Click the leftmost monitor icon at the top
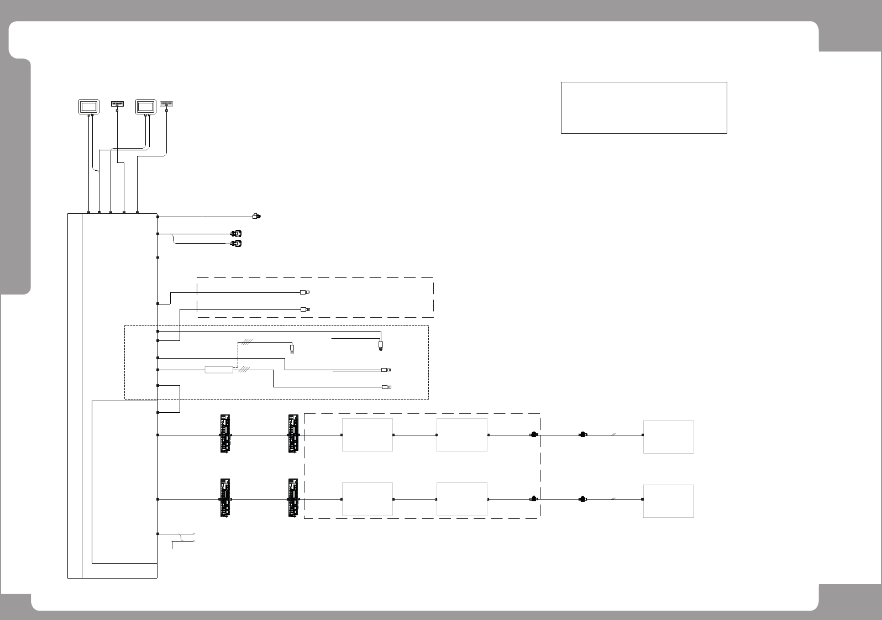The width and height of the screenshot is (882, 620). click(x=88, y=106)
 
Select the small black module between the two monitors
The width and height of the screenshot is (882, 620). click(x=117, y=103)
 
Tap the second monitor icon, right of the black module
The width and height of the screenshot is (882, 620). click(x=146, y=106)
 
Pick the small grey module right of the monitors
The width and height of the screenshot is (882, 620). click(x=166, y=103)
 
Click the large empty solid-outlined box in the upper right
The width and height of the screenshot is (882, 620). click(x=643, y=108)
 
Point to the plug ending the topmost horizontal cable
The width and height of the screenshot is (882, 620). click(x=256, y=216)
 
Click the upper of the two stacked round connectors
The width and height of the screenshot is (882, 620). click(x=237, y=234)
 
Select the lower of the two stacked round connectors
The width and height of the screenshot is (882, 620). click(x=237, y=243)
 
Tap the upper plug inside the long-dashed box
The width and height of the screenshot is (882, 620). click(x=304, y=292)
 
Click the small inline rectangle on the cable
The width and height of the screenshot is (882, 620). click(x=219, y=370)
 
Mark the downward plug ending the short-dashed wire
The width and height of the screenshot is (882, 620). click(x=292, y=349)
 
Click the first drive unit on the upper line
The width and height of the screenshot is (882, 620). click(x=225, y=434)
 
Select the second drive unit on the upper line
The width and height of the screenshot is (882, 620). click(x=293, y=434)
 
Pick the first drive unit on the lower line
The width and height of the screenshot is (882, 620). click(x=225, y=498)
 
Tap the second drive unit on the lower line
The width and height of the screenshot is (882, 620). click(x=293, y=498)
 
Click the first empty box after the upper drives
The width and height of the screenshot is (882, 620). click(x=368, y=435)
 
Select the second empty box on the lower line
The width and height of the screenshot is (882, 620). click(x=462, y=499)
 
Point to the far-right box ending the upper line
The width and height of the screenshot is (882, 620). click(x=668, y=437)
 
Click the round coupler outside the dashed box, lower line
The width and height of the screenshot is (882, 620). click(x=582, y=499)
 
